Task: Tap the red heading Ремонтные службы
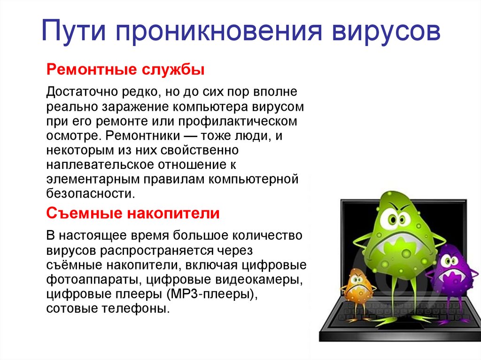pyautogui.click(x=125, y=71)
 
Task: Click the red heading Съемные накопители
pyautogui.click(x=133, y=214)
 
